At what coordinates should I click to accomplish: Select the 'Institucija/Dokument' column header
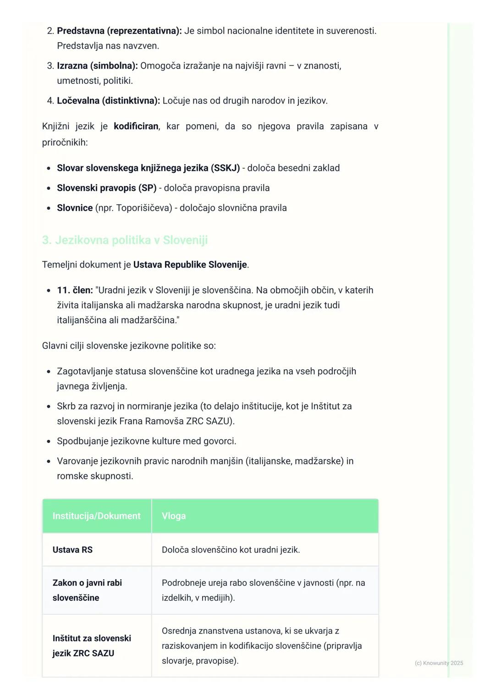click(96, 516)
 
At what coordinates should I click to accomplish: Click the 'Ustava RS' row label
click(72, 550)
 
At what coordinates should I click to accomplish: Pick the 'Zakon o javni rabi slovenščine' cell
click(87, 590)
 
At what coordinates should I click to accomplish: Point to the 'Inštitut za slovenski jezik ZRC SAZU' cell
click(92, 645)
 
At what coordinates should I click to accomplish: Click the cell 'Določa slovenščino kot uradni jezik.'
click(231, 550)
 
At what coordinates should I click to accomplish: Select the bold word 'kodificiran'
click(136, 126)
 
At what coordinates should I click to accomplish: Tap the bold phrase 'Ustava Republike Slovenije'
click(190, 265)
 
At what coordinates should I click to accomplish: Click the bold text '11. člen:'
click(75, 290)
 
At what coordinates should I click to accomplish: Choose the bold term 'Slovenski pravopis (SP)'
click(106, 188)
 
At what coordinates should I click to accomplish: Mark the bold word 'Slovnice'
click(75, 208)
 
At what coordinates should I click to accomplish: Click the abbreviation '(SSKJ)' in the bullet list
click(225, 168)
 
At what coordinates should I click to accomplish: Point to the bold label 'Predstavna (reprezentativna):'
click(119, 31)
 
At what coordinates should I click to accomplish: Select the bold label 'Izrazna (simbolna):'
click(97, 66)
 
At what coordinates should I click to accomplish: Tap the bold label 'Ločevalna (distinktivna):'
click(108, 101)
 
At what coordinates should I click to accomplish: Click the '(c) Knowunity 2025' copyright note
click(439, 663)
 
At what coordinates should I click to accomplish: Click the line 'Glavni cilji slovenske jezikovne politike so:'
click(129, 346)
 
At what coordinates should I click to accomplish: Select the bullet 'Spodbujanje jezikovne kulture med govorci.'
click(147, 441)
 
